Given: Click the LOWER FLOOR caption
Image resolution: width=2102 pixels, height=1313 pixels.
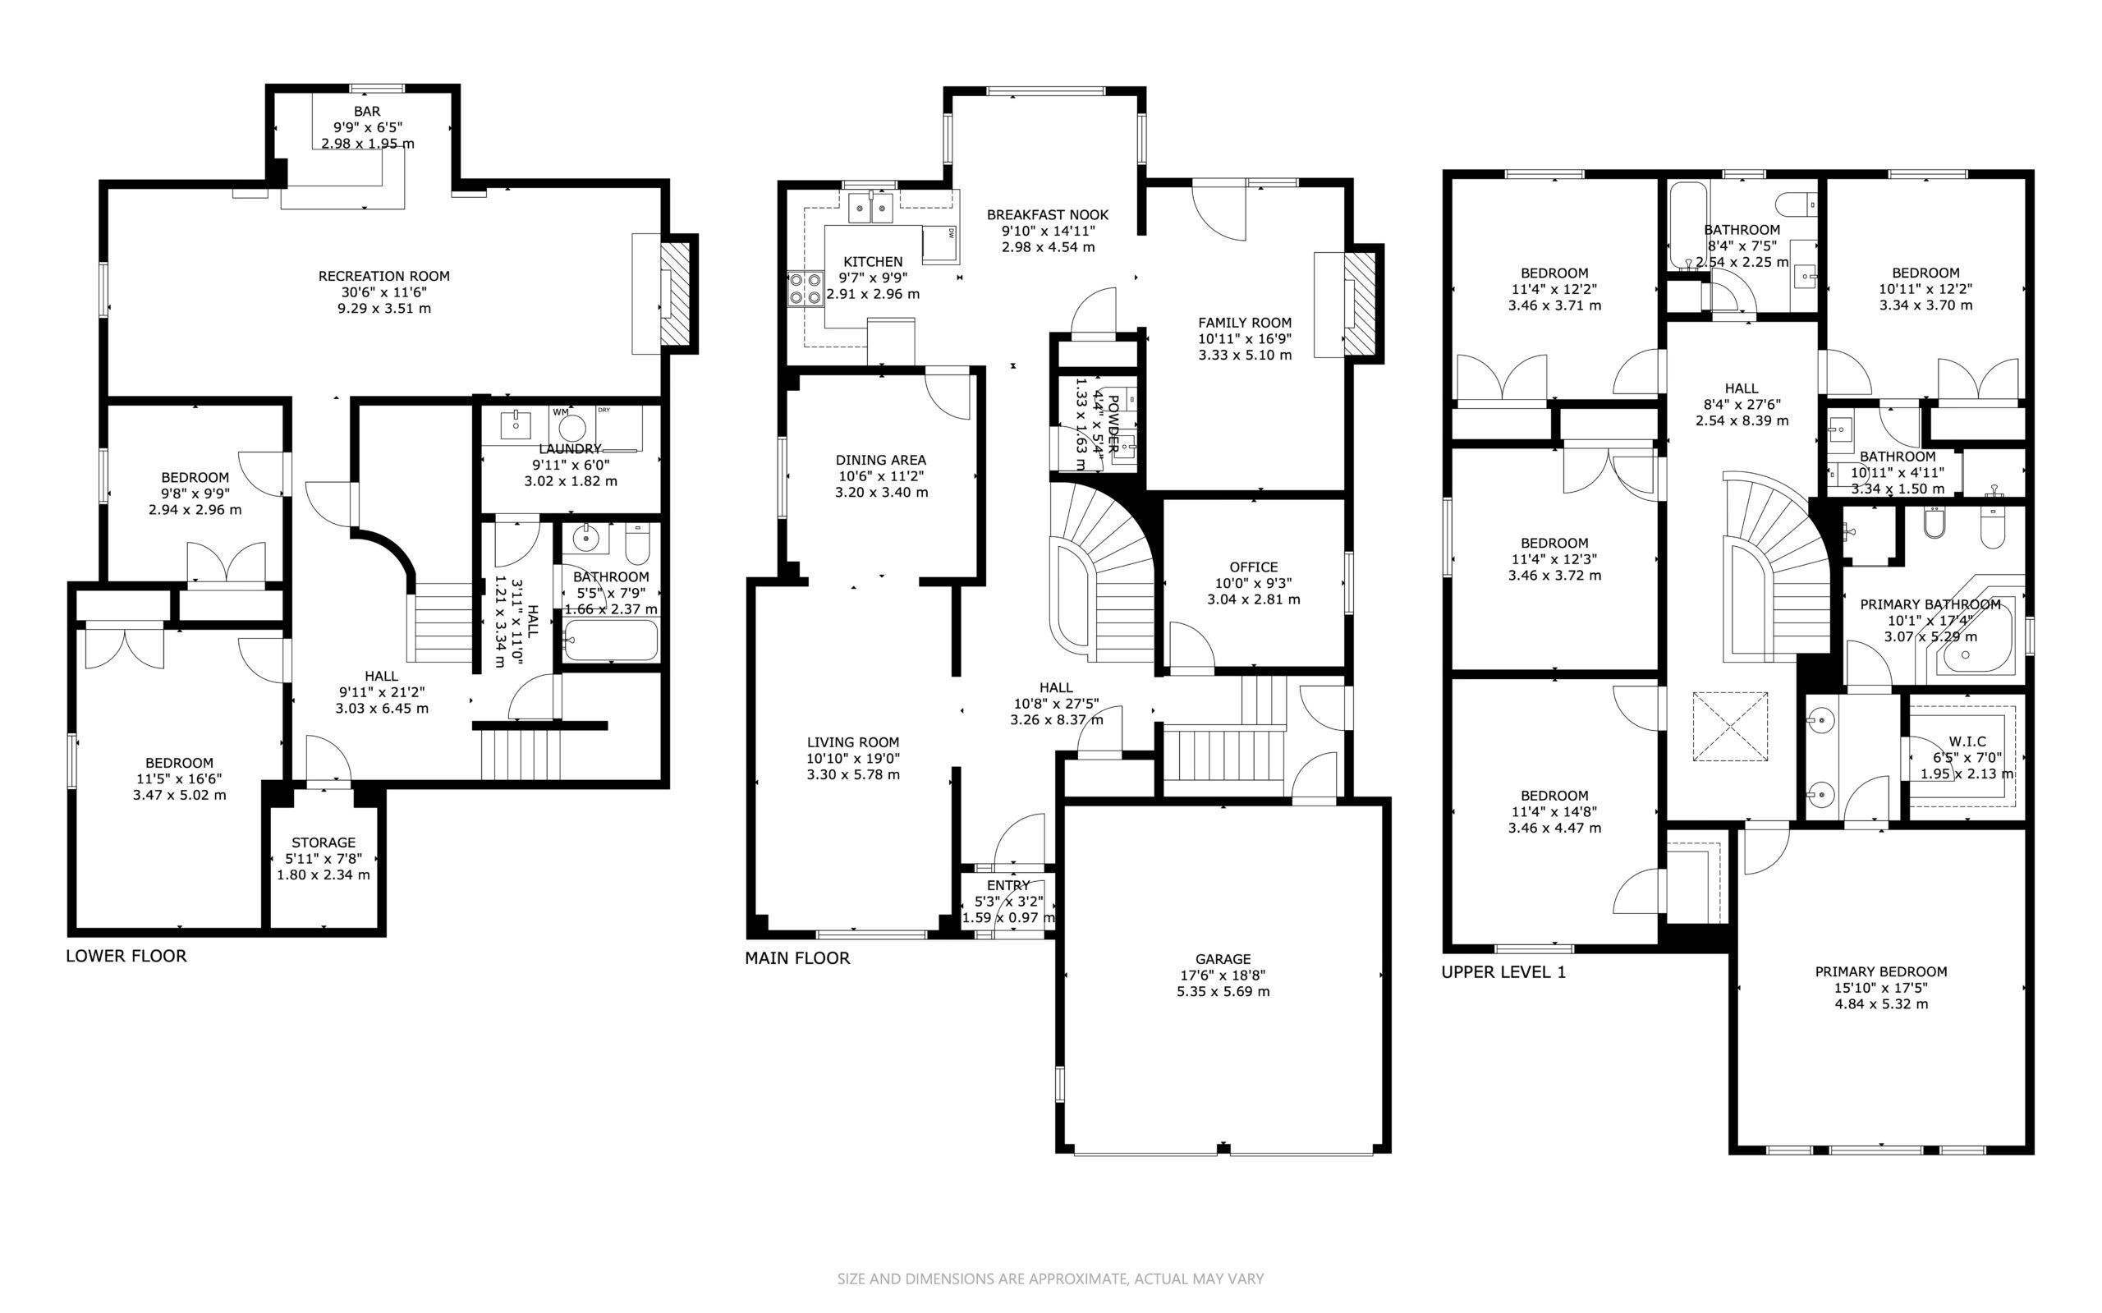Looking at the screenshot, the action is [126, 956].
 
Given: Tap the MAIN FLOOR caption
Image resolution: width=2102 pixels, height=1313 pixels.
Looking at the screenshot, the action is [797, 957].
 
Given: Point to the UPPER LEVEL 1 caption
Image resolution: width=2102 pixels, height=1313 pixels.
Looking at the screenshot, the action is [1503, 971].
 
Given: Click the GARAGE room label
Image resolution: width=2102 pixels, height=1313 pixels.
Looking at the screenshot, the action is [1223, 959].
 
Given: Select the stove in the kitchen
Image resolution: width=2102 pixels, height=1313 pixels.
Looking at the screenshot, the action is [805, 288].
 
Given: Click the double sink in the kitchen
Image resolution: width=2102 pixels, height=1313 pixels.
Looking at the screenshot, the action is [871, 208].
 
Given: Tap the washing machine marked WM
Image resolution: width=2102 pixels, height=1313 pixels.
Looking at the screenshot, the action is [571, 426].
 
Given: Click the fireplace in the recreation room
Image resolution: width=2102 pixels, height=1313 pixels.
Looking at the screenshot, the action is [676, 293].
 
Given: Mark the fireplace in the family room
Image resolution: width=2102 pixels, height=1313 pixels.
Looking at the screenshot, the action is [1360, 304].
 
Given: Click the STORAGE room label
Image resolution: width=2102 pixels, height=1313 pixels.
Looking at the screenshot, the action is [323, 842].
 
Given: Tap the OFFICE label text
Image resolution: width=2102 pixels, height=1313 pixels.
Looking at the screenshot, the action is [1253, 567].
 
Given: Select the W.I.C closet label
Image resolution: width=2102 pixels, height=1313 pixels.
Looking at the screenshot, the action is [1967, 741].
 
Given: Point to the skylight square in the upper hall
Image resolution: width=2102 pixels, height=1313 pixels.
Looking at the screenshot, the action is [1730, 727].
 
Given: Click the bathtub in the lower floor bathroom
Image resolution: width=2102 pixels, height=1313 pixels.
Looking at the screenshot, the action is [610, 640].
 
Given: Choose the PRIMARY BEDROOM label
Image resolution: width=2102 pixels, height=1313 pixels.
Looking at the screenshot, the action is [1880, 971].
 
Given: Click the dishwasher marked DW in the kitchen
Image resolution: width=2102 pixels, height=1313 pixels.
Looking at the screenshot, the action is [940, 244].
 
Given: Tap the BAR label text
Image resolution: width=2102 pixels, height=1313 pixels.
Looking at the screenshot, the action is [366, 111].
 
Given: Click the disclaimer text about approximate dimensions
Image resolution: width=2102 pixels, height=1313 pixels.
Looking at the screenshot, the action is [1050, 1279].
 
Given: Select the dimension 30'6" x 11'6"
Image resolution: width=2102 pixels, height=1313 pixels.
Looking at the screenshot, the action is [383, 292].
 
